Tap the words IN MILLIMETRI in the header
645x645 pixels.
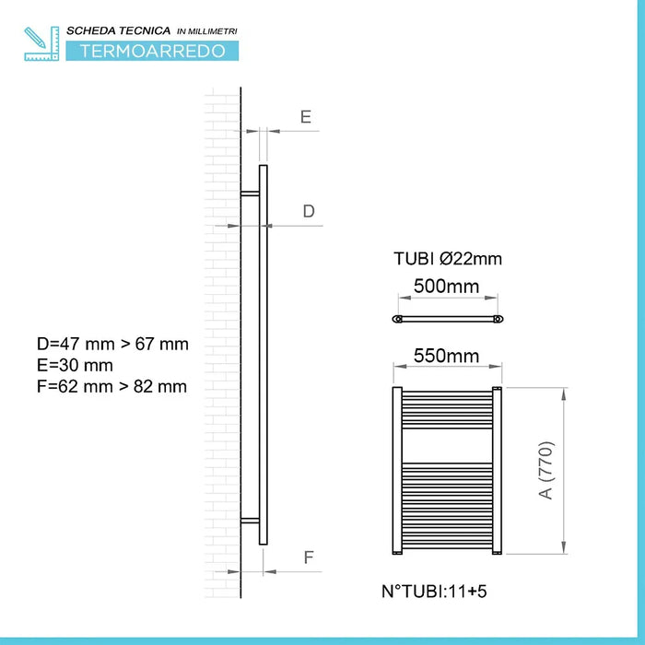pyautogui.click(x=205, y=31)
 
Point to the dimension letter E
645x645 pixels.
pyautogui.click(x=305, y=116)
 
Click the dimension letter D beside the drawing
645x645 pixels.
pyautogui.click(x=309, y=211)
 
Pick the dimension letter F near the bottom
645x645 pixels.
pyautogui.click(x=309, y=557)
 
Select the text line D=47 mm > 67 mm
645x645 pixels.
pyautogui.click(x=112, y=345)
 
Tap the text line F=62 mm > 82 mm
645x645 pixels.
pyautogui.click(x=111, y=387)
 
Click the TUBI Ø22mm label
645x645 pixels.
pyautogui.click(x=447, y=259)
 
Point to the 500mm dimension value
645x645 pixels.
pyautogui.click(x=447, y=287)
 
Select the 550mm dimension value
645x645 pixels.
pyautogui.click(x=447, y=355)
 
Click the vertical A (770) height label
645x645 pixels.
pyautogui.click(x=547, y=471)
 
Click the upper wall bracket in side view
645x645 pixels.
pyautogui.click(x=250, y=193)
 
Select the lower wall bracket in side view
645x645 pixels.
pyautogui.click(x=250, y=522)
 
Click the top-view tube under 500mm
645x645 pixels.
pyautogui.click(x=447, y=319)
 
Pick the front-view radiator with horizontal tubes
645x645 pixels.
pyautogui.click(x=447, y=470)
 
